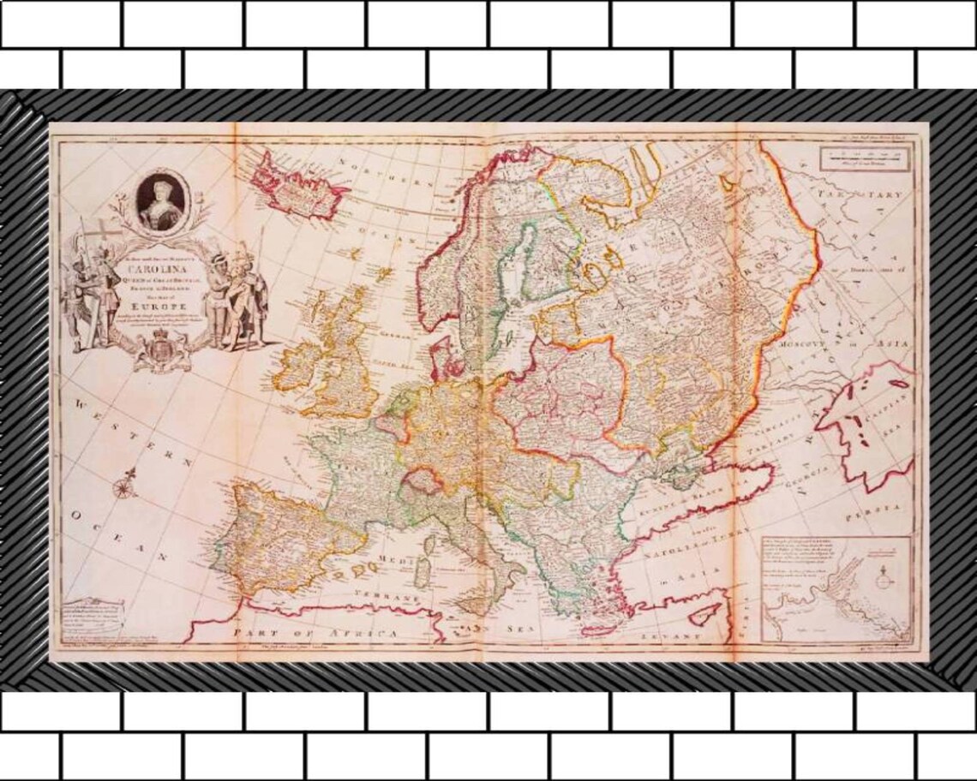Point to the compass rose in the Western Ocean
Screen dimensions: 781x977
pyautogui.click(x=124, y=489)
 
